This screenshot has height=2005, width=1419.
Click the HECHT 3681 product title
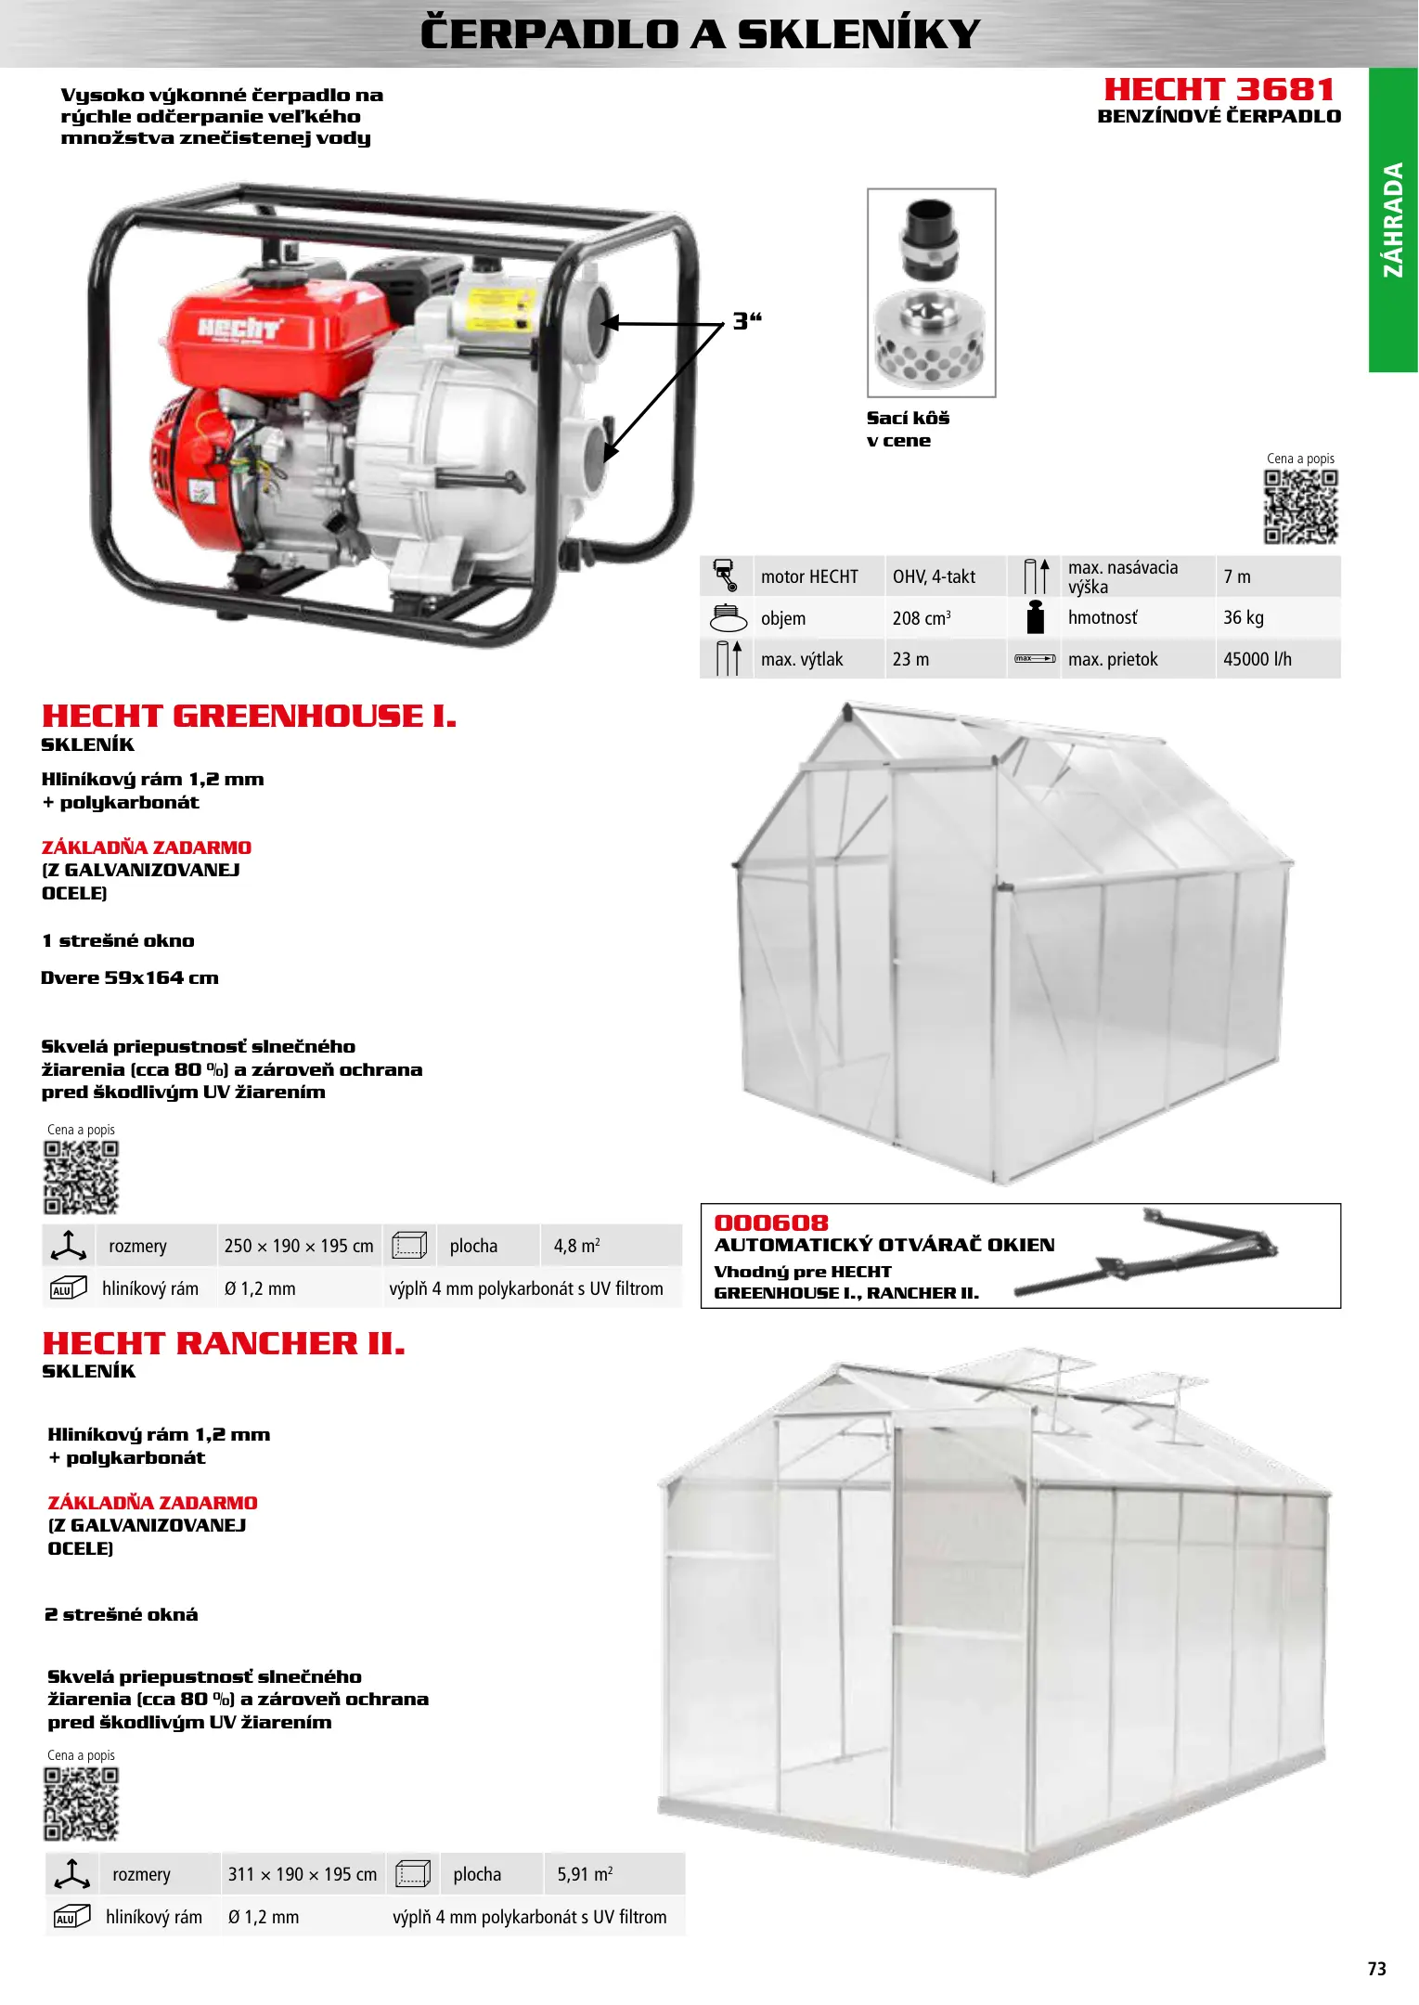[x=1219, y=90]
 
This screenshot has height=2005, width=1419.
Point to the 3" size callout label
[x=746, y=321]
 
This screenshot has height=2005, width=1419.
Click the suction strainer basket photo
[x=931, y=292]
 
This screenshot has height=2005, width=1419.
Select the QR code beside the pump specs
[x=1300, y=507]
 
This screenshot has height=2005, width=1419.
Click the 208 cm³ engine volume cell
[x=921, y=618]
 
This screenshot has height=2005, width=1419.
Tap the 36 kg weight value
[x=1243, y=618]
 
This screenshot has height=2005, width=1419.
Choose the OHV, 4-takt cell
[x=934, y=576]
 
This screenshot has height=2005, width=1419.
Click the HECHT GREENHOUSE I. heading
[x=249, y=716]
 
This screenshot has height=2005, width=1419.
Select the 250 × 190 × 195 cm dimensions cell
[x=299, y=1246]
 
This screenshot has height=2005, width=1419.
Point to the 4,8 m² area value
[x=576, y=1246]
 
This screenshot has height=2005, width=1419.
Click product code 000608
[x=771, y=1222]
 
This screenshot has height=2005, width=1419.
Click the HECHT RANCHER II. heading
[x=224, y=1343]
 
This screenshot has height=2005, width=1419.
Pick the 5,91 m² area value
[x=585, y=1874]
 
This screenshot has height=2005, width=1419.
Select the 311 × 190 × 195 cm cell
[x=303, y=1874]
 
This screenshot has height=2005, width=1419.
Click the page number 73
[x=1376, y=1969]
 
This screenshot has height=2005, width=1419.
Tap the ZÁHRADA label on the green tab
[x=1393, y=220]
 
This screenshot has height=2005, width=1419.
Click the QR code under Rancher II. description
[x=82, y=1804]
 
